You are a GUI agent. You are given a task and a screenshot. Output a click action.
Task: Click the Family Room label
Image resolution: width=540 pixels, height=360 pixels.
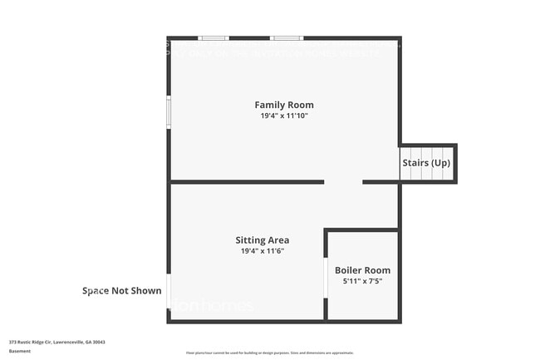pyautogui.click(x=284, y=105)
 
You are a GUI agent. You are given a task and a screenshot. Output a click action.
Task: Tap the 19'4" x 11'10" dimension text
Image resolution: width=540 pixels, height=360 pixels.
pyautogui.click(x=284, y=116)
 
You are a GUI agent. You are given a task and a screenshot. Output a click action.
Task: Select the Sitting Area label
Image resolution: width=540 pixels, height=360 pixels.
pyautogui.click(x=263, y=240)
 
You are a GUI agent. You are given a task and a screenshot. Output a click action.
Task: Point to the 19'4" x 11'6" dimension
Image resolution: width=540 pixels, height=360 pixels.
pyautogui.click(x=263, y=251)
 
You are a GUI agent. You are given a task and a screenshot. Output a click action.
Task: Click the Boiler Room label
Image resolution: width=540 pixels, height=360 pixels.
pyautogui.click(x=362, y=270)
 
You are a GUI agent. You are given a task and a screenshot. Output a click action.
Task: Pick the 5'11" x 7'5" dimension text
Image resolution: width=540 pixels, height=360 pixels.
pyautogui.click(x=362, y=281)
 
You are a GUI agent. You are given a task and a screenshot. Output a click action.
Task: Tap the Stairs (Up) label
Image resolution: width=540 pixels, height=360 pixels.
pyautogui.click(x=426, y=163)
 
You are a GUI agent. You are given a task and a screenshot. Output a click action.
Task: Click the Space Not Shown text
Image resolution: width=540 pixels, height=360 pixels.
pyautogui.click(x=121, y=291)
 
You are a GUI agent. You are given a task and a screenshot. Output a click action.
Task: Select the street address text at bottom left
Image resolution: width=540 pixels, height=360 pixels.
pyautogui.click(x=57, y=342)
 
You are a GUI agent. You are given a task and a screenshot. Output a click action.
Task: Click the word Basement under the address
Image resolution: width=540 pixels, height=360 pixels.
pyautogui.click(x=20, y=351)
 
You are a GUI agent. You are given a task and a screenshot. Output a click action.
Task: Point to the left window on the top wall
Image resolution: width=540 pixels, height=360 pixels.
pyautogui.click(x=214, y=37)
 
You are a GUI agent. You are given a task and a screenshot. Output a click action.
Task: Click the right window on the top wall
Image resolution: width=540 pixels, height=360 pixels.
pyautogui.click(x=286, y=37)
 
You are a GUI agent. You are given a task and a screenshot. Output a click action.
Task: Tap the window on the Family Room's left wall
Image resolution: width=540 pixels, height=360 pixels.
pyautogui.click(x=169, y=111)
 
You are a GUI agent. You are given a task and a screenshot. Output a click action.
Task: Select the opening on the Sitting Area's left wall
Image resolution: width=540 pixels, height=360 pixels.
pyautogui.click(x=169, y=292)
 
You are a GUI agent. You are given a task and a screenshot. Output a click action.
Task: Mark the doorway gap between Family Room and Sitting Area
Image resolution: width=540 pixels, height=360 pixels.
pyautogui.click(x=343, y=181)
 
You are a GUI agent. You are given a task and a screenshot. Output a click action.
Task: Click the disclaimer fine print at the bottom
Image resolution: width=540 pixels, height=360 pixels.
pyautogui.click(x=269, y=354)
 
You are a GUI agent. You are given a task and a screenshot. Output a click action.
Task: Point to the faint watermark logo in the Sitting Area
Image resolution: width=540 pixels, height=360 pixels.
pyautogui.click(x=213, y=306)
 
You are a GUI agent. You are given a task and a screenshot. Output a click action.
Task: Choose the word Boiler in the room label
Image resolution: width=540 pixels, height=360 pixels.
pyautogui.click(x=350, y=270)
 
